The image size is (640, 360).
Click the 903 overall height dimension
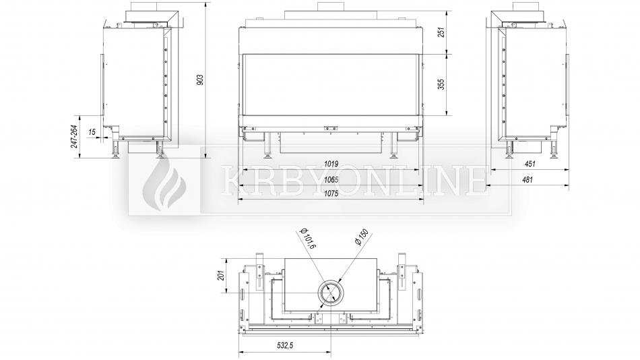pos(200,80)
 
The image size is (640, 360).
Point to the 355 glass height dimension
pos(441,84)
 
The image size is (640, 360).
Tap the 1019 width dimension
pos(331,164)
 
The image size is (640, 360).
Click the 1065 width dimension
pos(331,179)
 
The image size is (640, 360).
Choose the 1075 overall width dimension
pos(331,193)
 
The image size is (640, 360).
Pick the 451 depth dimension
pos(530,164)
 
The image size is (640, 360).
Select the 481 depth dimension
pos(527,179)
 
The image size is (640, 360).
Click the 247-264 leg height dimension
pos(74,136)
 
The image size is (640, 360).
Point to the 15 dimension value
pos(92,131)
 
